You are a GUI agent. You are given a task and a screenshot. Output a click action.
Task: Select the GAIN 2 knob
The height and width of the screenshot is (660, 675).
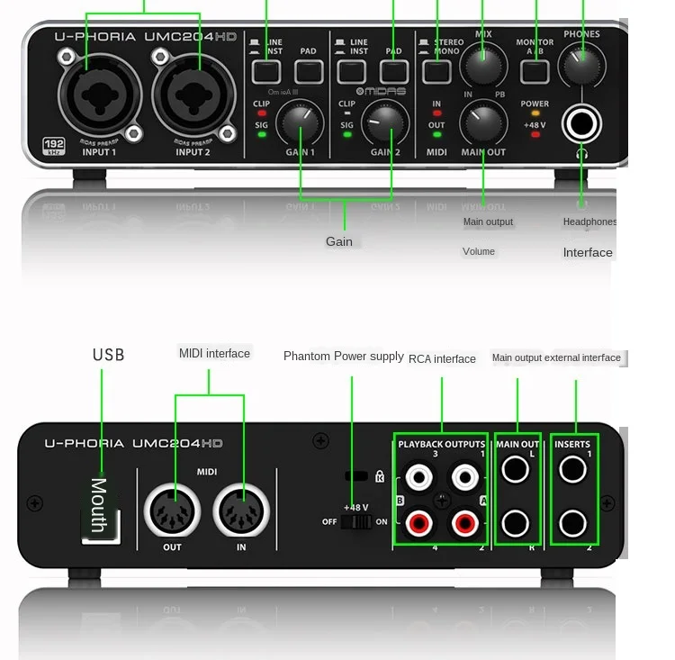click(385, 124)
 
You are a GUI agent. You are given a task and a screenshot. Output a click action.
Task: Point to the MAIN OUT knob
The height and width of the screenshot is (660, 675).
click(483, 122)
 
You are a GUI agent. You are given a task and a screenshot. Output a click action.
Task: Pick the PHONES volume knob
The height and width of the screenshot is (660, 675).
click(581, 63)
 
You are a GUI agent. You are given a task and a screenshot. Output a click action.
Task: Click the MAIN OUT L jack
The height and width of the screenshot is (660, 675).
click(516, 469)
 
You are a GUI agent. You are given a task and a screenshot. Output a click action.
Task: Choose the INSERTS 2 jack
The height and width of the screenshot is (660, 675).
click(573, 522)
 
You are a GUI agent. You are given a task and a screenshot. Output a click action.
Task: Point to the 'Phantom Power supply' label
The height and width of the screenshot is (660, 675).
click(343, 357)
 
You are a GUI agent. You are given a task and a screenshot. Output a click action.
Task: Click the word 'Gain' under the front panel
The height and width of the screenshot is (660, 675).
click(339, 241)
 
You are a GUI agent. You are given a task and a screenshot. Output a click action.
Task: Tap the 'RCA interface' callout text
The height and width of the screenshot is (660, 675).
click(442, 358)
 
